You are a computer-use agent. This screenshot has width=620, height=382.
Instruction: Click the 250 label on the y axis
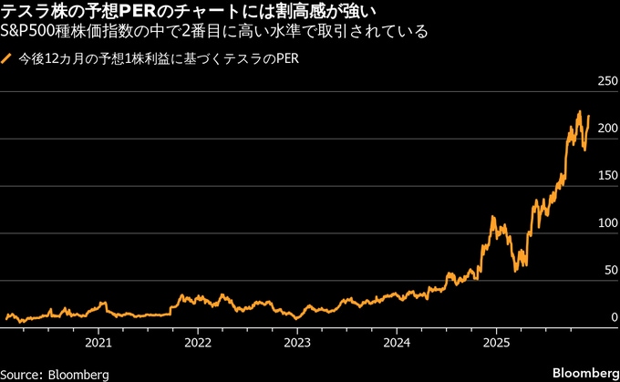tap(605, 82)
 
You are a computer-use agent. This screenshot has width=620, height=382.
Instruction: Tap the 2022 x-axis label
tap(198, 344)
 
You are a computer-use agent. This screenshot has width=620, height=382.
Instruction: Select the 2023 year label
tap(297, 344)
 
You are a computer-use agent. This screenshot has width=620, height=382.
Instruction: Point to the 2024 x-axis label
tap(396, 344)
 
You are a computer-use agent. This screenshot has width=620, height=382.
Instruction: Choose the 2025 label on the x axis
tap(495, 344)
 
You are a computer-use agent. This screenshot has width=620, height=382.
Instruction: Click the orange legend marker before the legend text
tap(7, 59)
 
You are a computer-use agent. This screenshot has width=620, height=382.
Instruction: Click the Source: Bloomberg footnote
tap(55, 374)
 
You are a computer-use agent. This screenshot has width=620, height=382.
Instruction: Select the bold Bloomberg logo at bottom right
tap(584, 374)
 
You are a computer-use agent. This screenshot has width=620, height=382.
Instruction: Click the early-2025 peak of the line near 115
tap(492, 218)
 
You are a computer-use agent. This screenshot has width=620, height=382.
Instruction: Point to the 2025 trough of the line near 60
tap(517, 270)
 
